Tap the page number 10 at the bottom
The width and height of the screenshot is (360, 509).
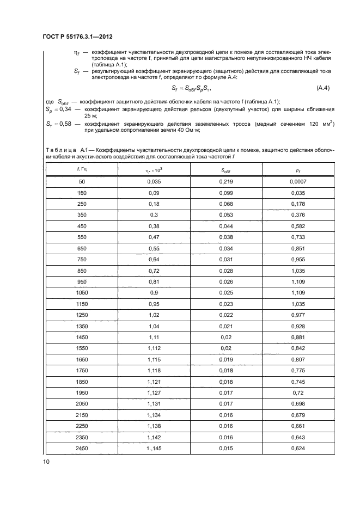coord(47,462)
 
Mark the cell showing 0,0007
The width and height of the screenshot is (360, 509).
coord(298,181)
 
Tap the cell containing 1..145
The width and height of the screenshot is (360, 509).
coord(155,448)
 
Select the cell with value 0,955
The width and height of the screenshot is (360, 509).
coord(298,259)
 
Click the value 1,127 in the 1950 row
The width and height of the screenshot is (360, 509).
coord(155,393)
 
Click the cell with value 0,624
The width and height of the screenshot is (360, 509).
coord(298,448)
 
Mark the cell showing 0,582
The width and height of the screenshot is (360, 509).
coord(298,226)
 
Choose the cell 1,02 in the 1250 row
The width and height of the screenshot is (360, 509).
coord(155,315)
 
